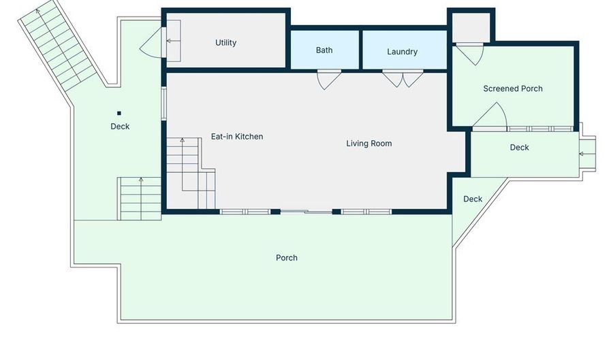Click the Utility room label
225,43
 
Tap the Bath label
324,50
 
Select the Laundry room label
403,52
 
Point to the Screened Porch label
512,88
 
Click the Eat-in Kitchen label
237,137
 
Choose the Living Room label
368,144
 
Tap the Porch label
287,258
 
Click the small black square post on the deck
119,113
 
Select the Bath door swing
328,80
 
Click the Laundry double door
403,78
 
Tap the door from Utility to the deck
151,43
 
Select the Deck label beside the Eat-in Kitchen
120,127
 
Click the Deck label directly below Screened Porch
519,148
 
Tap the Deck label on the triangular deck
473,199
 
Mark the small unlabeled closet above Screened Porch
471,27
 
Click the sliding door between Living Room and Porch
306,212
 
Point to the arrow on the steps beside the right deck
587,154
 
